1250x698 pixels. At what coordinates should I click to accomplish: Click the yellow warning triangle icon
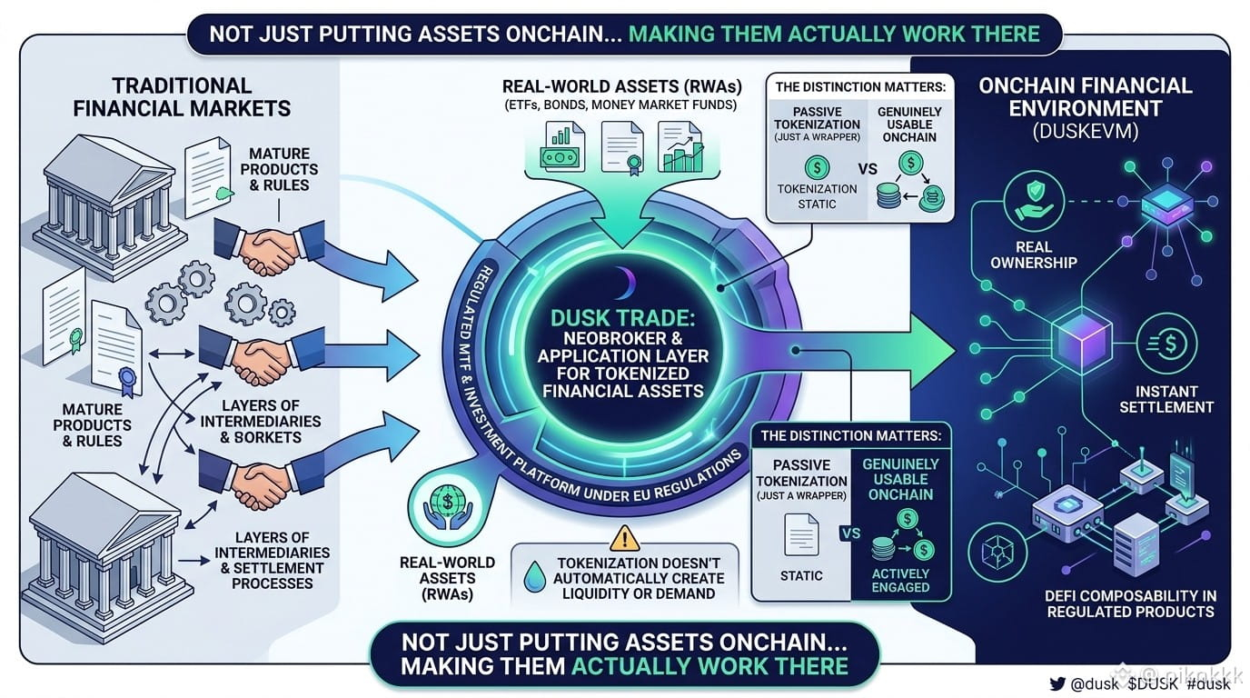pos(624,538)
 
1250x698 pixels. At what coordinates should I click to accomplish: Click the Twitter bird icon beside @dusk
pos(1057,683)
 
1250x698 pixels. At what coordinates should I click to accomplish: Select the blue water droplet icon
pos(534,576)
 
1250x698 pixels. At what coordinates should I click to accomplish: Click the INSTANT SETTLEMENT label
pos(1166,399)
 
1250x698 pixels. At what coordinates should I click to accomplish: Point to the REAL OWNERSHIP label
pos(1034,254)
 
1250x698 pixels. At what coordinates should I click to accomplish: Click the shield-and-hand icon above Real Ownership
pos(1034,201)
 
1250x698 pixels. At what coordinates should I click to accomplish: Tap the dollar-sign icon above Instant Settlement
pos(1166,344)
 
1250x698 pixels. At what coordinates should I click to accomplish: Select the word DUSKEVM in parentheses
pos(1086,131)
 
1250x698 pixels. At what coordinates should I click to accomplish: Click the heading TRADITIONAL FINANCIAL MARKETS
pos(182,96)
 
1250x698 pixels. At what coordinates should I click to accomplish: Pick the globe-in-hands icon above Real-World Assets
pos(447,507)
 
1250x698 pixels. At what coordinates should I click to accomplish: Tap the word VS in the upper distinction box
pos(868,169)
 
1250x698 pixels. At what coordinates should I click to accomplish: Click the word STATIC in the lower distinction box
pos(801,575)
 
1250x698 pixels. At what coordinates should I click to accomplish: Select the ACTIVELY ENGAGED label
pos(900,580)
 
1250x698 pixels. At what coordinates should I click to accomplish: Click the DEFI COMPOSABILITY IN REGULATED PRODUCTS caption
pos(1131,603)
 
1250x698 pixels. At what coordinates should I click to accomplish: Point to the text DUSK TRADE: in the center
pos(623,318)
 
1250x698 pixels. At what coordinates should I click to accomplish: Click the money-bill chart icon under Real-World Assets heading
pos(561,146)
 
